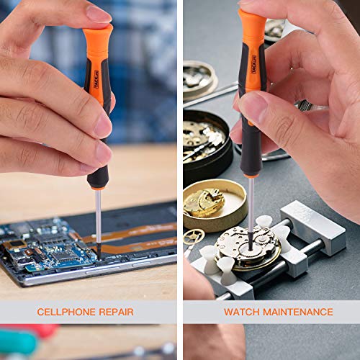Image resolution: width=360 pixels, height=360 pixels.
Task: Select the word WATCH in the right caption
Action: [x=239, y=312]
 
